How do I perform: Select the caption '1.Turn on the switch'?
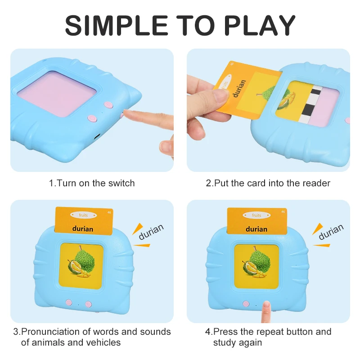92,183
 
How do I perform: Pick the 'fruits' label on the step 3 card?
83,216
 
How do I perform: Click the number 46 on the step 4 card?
283,211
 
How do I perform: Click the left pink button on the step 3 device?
69,303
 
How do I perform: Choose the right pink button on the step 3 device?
89,304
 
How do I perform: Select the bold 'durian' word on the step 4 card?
256,229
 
